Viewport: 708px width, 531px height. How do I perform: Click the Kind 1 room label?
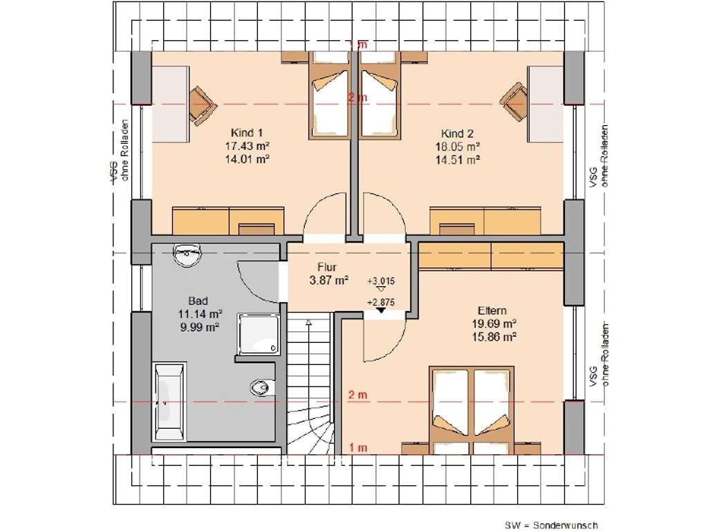[x=247, y=133]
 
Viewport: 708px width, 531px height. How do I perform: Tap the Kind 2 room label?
[x=458, y=133]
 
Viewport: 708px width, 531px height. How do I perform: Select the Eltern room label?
[x=492, y=310]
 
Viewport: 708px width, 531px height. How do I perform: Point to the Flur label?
[x=327, y=267]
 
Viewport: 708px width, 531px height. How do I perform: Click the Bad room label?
[x=198, y=301]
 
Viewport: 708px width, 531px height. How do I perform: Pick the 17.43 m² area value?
[x=248, y=146]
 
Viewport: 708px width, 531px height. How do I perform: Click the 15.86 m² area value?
[x=494, y=337]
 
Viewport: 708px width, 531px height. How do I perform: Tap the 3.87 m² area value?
[x=328, y=280]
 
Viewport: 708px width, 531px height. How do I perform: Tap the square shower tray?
[x=259, y=334]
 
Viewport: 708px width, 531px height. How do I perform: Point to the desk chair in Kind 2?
[x=514, y=102]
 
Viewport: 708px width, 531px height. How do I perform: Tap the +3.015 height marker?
[x=381, y=283]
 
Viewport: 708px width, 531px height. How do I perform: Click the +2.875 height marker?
[x=381, y=305]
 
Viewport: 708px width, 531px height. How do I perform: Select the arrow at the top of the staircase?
[x=309, y=322]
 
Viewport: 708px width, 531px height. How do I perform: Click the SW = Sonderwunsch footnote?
[x=551, y=525]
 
